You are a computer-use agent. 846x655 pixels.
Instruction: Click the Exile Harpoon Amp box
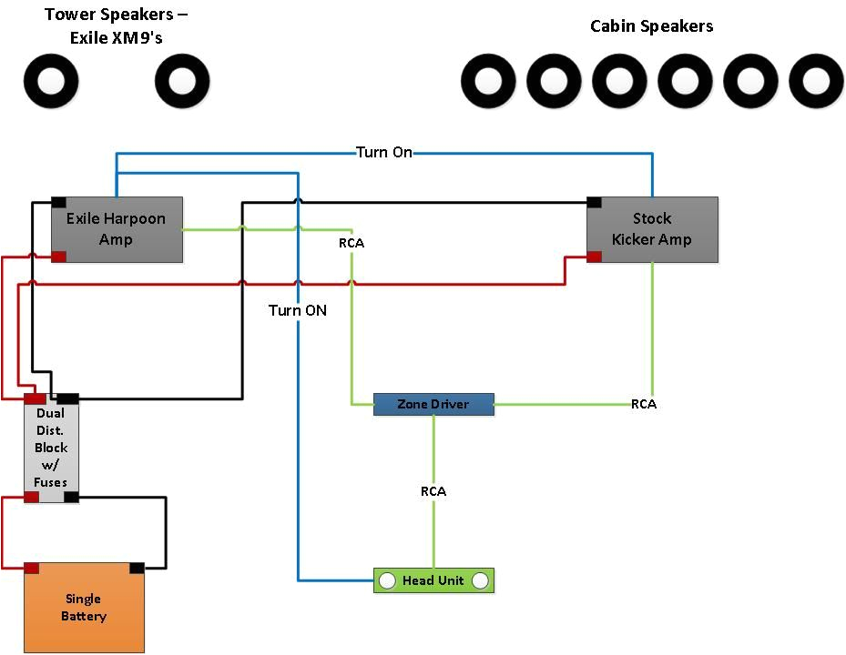pyautogui.click(x=117, y=229)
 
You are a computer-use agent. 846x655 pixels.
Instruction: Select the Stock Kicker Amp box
pyautogui.click(x=652, y=229)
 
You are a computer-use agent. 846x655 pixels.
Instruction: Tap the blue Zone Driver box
pyautogui.click(x=433, y=404)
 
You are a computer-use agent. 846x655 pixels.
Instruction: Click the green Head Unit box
pyautogui.click(x=433, y=580)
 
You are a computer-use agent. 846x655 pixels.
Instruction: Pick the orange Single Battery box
pyautogui.click(x=84, y=608)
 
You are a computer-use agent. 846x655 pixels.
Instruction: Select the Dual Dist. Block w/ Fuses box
pyautogui.click(x=51, y=448)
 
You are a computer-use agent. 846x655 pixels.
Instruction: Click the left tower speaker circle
pyautogui.click(x=51, y=81)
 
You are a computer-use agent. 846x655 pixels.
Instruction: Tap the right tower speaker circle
pyautogui.click(x=182, y=81)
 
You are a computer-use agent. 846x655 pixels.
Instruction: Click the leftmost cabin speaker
pyautogui.click(x=489, y=81)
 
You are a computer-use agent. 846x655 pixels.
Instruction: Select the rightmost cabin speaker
pyautogui.click(x=817, y=81)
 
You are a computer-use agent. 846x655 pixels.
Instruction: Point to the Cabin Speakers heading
pyautogui.click(x=651, y=26)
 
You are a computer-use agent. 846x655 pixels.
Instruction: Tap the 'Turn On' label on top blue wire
pyautogui.click(x=383, y=152)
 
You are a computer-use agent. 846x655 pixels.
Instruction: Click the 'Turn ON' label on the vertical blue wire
pyautogui.click(x=298, y=310)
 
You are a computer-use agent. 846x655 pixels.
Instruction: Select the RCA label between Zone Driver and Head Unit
pyautogui.click(x=433, y=491)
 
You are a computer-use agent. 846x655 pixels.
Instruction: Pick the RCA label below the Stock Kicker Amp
pyautogui.click(x=644, y=404)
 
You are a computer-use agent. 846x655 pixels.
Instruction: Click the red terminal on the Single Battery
pyautogui.click(x=31, y=568)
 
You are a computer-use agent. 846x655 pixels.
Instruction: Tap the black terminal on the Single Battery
pyautogui.click(x=137, y=568)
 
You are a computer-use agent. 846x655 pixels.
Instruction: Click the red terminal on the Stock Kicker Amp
pyautogui.click(x=594, y=257)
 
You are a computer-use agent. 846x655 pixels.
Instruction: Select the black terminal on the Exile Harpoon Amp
pyautogui.click(x=58, y=202)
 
